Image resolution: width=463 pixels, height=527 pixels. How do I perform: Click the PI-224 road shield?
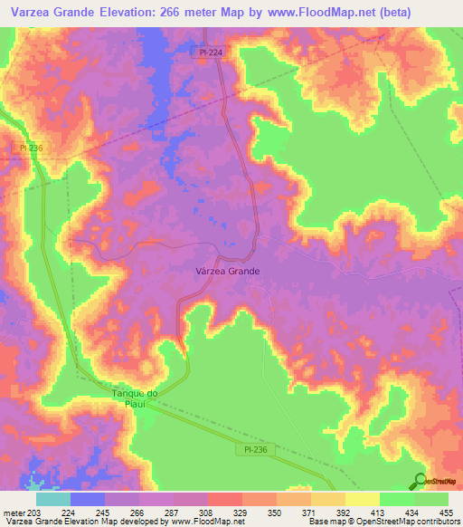click(x=210, y=53)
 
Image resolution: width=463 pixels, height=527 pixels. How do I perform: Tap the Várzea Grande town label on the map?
click(x=228, y=271)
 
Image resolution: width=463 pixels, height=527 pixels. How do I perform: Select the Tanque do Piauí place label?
click(x=135, y=398)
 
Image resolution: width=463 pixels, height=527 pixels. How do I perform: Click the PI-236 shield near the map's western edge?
click(x=25, y=148)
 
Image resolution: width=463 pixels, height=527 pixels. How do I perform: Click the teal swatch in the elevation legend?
click(x=53, y=499)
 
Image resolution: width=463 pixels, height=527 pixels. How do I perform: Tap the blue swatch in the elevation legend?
click(x=88, y=499)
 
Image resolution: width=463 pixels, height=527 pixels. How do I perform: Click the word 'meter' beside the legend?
click(x=11, y=513)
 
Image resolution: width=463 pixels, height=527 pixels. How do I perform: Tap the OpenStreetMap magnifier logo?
click(x=420, y=481)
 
